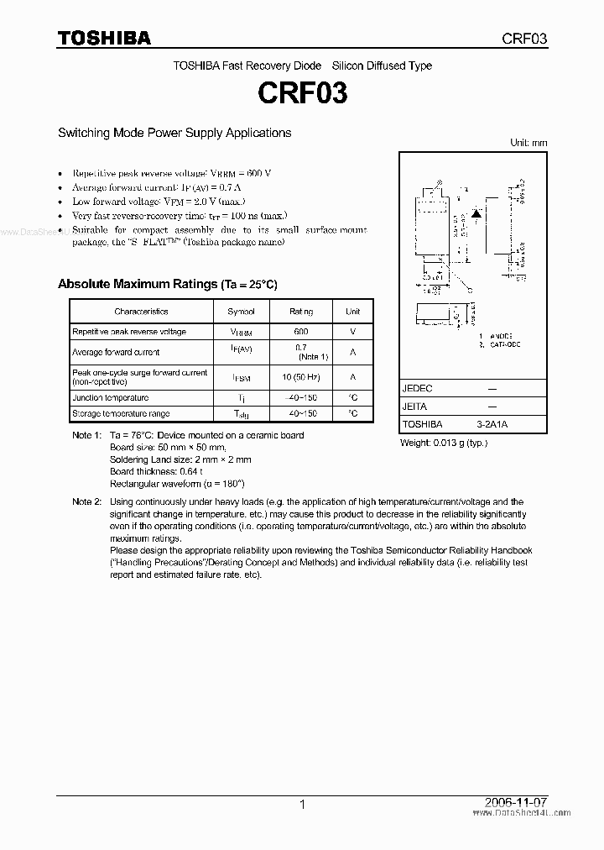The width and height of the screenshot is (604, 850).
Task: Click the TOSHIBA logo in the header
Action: (x=103, y=38)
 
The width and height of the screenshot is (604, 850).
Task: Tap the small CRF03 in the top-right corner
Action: (x=525, y=39)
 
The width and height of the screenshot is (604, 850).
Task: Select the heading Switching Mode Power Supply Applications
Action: (x=174, y=133)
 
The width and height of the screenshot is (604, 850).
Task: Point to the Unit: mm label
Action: (x=528, y=143)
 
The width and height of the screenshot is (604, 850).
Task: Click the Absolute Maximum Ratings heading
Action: (x=167, y=284)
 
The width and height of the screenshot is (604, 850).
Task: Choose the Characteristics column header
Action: (x=141, y=312)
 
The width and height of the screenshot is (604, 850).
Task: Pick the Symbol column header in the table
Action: (x=242, y=312)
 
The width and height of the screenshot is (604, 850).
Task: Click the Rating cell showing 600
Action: (x=301, y=332)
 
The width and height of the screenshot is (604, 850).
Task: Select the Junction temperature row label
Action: (x=110, y=398)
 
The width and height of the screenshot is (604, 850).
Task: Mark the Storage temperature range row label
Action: (x=121, y=414)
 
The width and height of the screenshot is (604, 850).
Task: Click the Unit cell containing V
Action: (x=353, y=332)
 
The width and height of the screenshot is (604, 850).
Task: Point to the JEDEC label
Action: (x=417, y=390)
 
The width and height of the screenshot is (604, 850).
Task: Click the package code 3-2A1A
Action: (x=491, y=425)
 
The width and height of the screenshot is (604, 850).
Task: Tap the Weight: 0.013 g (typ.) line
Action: (x=443, y=442)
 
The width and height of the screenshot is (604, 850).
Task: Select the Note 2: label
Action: (x=86, y=501)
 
